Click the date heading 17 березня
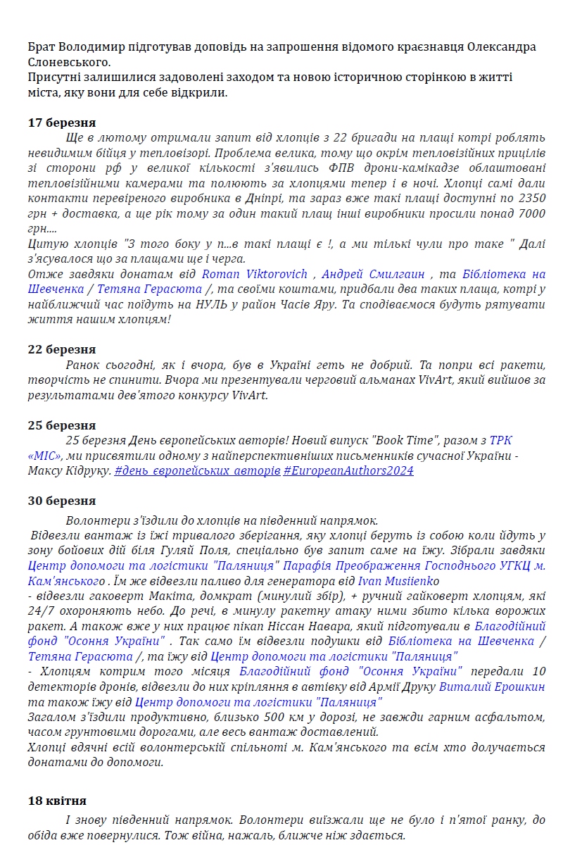pos(62,123)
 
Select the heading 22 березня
pos(62,349)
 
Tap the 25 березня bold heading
pos(62,425)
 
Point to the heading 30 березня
pos(62,501)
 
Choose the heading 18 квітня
pos(57,801)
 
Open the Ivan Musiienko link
pos(399,581)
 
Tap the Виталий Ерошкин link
pos(492,687)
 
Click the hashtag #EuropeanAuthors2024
pos(348,470)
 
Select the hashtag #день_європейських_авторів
pos(197,470)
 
